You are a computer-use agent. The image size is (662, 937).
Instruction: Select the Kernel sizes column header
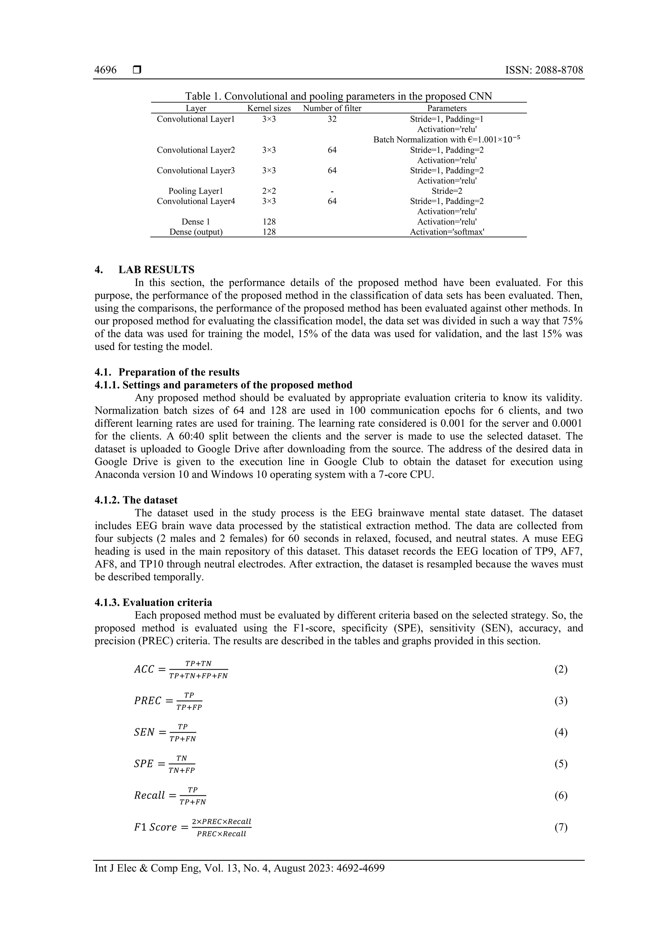269,108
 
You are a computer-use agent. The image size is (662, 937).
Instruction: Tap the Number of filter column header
332,108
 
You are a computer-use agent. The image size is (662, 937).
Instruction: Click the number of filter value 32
332,119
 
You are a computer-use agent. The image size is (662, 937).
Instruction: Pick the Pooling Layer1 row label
196,191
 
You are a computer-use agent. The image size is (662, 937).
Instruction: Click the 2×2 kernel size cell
269,191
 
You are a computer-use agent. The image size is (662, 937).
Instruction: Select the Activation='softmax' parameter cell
447,232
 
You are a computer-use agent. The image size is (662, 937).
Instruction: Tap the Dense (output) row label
196,232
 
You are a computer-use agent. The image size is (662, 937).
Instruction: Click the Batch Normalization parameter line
447,140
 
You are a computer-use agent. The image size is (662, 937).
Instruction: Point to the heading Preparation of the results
179,372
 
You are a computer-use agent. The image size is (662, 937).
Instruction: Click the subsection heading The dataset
150,500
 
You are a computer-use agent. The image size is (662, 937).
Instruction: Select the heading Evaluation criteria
167,602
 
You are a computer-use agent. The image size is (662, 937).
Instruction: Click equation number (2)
561,669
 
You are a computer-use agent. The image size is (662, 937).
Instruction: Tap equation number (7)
561,827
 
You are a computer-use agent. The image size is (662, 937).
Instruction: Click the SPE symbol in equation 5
144,764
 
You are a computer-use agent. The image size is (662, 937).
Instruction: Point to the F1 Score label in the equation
155,828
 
